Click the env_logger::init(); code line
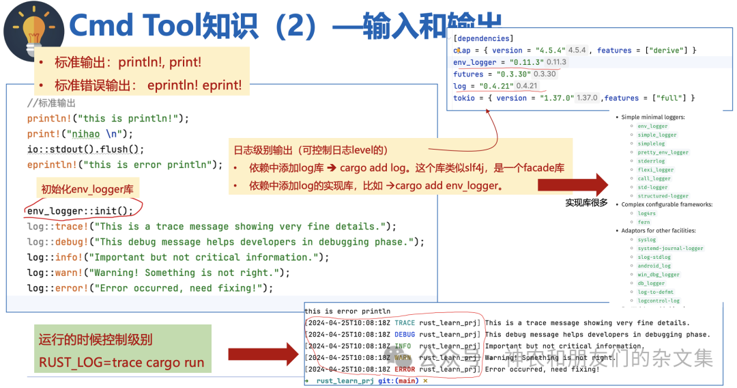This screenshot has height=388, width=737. point(80,210)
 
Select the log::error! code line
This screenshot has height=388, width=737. point(149,288)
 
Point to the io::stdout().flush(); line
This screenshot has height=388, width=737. point(85,149)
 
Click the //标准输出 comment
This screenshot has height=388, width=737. point(51,103)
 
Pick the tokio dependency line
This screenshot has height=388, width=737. point(574,98)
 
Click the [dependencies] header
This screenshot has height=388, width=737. point(483,38)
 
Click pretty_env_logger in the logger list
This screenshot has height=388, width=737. point(663,152)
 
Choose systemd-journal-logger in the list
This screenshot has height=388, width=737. point(671,248)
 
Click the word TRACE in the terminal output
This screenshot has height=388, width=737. point(404,323)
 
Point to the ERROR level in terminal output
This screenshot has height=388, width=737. point(404,370)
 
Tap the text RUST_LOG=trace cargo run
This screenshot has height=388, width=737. point(121,363)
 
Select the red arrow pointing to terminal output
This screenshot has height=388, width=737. point(262,355)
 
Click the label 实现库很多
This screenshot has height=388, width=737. point(586,203)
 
